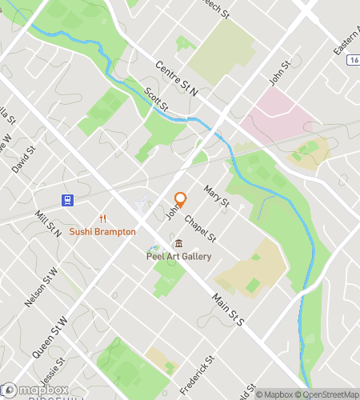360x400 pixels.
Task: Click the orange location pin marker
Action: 180,201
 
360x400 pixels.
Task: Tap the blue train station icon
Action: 66,200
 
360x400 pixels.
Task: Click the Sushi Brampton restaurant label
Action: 102,231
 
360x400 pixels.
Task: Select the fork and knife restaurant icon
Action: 102,218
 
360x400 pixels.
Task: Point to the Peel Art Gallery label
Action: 178,256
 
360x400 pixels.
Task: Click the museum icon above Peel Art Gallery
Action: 178,243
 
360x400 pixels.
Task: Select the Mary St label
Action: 216,193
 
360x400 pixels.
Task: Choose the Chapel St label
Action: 200,228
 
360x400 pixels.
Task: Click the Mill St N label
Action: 48,224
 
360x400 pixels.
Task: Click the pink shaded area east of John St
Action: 275,110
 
